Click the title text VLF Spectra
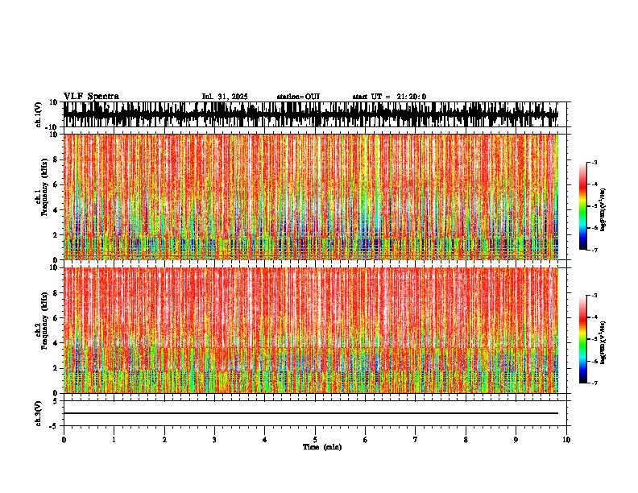pyautogui.click(x=91, y=97)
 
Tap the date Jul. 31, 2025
pyautogui.click(x=225, y=97)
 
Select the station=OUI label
pyautogui.click(x=298, y=97)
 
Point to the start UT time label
pyautogui.click(x=389, y=97)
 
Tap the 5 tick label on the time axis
pyautogui.click(x=315, y=440)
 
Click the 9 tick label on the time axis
pyautogui.click(x=516, y=440)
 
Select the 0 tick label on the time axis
pyautogui.click(x=64, y=440)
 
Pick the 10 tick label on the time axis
pyautogui.click(x=566, y=440)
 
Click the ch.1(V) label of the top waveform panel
pyautogui.click(x=38, y=115)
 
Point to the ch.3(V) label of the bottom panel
pyautogui.click(x=38, y=412)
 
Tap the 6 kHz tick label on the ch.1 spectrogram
pyautogui.click(x=54, y=184)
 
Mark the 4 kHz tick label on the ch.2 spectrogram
pyautogui.click(x=54, y=342)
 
